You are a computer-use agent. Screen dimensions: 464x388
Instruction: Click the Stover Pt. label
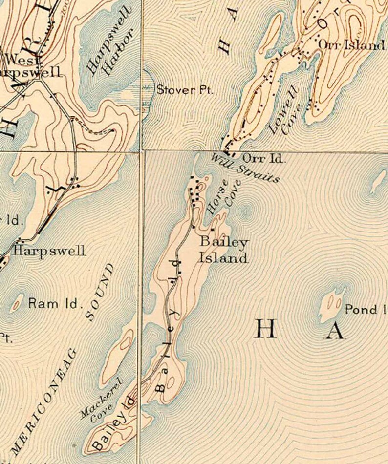(185, 90)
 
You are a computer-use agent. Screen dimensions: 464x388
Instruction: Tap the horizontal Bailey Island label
(223, 250)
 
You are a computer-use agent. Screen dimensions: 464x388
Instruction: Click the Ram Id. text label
(54, 303)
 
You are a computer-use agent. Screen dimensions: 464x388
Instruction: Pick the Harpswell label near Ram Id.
(49, 251)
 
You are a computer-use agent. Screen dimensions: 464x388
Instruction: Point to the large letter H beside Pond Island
(266, 330)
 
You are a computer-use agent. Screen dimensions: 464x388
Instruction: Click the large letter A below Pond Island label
(335, 331)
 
